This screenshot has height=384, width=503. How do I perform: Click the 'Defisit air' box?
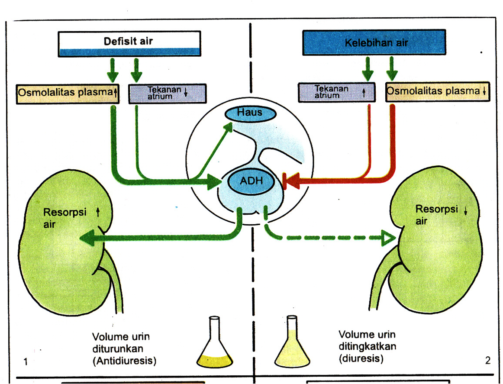point(129,43)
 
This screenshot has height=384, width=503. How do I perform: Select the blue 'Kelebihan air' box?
point(374,42)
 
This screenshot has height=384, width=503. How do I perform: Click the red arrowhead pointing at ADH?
point(290,181)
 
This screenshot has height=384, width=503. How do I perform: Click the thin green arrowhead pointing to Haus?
point(228,128)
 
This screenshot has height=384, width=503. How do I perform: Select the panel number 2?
point(487,360)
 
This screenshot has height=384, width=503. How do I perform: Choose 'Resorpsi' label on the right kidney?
point(433,209)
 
